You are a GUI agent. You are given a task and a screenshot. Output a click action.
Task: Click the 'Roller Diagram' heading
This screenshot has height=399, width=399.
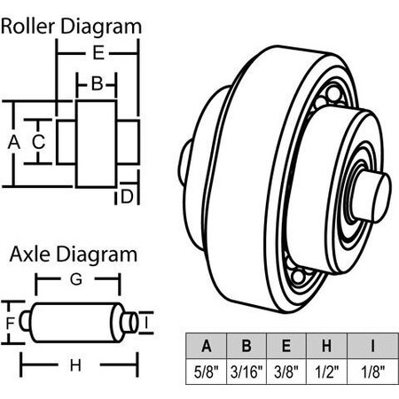71,25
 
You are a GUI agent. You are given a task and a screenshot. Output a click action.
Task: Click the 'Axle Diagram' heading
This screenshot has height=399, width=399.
74,255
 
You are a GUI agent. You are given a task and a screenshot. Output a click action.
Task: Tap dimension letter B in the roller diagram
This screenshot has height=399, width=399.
98,84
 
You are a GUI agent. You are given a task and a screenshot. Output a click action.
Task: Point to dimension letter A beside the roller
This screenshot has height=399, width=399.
12,141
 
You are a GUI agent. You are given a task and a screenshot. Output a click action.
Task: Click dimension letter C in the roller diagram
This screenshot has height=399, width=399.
39,141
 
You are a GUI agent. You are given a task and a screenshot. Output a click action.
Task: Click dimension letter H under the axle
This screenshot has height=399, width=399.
76,364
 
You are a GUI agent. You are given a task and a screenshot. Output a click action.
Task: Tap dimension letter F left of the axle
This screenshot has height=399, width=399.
11,323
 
